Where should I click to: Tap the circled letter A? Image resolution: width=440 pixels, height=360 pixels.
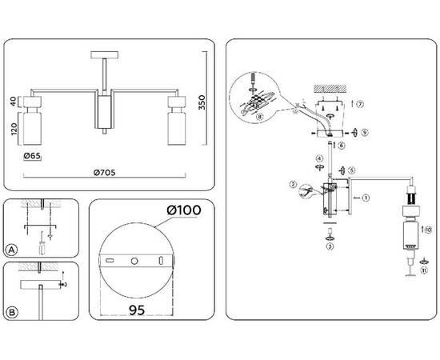pos(11,250)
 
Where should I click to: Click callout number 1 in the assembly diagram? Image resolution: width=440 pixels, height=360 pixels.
pos(366,197)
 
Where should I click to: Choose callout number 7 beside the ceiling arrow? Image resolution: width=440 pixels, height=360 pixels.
pos(361,105)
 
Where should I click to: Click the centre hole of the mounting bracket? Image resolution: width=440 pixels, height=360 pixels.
pos(134,261)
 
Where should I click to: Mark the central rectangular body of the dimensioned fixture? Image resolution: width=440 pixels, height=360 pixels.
pos(104,113)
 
